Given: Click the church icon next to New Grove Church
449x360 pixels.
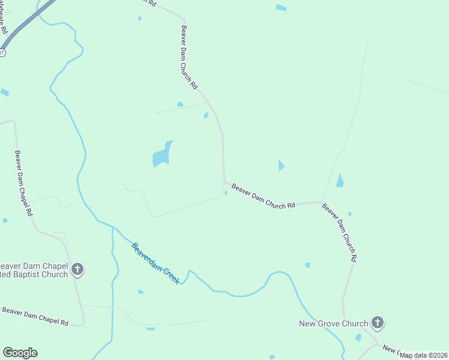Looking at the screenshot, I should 377,323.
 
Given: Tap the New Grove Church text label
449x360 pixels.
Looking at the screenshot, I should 334,324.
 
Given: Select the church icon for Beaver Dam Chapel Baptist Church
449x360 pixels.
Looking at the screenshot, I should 77,269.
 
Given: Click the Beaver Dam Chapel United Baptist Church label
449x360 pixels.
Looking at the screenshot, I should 34,271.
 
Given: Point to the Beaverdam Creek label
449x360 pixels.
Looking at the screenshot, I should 155,263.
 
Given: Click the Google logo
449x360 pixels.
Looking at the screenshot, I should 20,353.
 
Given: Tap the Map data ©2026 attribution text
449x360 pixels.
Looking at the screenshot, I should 424,355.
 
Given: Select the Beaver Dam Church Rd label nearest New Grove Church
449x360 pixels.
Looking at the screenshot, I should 340,233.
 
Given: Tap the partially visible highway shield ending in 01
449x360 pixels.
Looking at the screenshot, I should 2,53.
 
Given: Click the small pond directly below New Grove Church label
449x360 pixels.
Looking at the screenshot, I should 358,337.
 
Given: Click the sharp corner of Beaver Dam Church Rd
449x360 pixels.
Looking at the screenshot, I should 224,181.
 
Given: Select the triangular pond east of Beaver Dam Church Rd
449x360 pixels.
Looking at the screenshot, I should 281,165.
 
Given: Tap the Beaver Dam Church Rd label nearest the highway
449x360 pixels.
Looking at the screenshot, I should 189,57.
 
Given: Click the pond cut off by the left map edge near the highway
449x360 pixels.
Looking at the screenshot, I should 4,92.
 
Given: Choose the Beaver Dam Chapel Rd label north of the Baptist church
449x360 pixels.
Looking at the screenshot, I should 24,184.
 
